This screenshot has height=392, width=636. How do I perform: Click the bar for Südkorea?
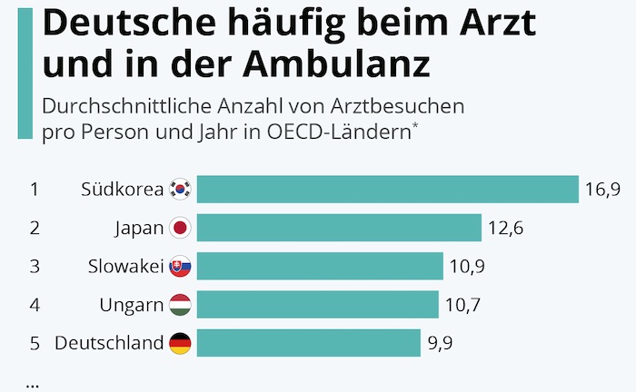[x=388, y=189]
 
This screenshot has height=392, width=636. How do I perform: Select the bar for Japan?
[x=339, y=227]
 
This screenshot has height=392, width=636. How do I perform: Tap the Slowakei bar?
[x=320, y=266]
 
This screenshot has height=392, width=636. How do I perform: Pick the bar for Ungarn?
[x=317, y=304]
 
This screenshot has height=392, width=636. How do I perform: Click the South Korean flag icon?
[x=181, y=189]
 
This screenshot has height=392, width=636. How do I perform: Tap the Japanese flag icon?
[x=181, y=227]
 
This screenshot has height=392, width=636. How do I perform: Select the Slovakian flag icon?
[x=181, y=266]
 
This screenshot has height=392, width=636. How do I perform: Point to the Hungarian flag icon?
[x=181, y=304]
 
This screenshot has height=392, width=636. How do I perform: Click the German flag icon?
[x=181, y=343]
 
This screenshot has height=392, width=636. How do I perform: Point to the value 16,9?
[x=602, y=190]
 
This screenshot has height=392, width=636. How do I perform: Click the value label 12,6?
[x=505, y=228]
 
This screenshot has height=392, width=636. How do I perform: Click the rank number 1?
[x=35, y=190]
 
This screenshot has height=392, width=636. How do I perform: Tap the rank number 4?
[x=35, y=305]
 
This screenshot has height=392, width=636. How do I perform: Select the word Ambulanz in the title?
[x=338, y=65]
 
